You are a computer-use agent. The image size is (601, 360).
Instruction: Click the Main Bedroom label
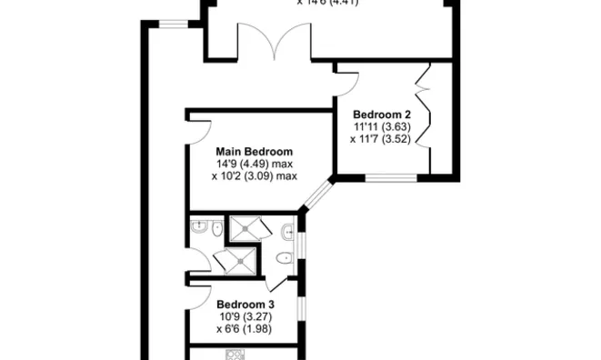pos(254,151)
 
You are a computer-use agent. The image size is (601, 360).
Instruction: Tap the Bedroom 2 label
pos(382,114)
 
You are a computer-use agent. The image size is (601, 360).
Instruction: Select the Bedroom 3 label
pos(245,304)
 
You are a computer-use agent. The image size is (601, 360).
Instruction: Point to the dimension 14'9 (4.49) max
pos(254,164)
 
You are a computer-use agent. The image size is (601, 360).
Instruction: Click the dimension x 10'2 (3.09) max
pos(254,176)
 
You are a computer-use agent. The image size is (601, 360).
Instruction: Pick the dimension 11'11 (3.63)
pos(382,126)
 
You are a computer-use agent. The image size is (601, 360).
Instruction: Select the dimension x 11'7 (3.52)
pos(382,139)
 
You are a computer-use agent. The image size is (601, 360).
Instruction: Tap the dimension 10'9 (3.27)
pos(245,316)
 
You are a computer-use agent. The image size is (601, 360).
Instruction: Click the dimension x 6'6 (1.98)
pos(245,328)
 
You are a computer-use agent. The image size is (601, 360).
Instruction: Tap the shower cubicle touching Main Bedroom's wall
pos(245,228)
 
